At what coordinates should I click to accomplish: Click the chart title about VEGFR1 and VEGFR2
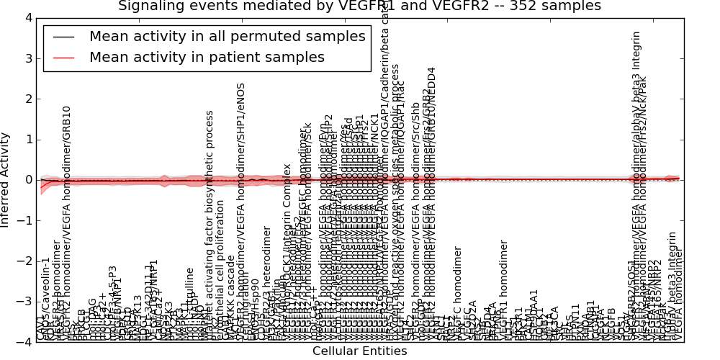tap(359, 6)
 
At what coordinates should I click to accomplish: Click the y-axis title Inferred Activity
tap(6, 179)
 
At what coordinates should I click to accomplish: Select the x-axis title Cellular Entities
tap(359, 351)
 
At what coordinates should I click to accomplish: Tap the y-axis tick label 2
tap(27, 99)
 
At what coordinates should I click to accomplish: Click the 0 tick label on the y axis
tap(27, 180)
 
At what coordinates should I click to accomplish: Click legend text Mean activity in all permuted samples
tap(227, 37)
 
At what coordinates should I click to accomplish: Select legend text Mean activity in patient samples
tap(207, 58)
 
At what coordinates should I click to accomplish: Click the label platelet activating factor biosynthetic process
tap(210, 223)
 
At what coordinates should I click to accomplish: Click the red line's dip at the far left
tap(41, 188)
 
